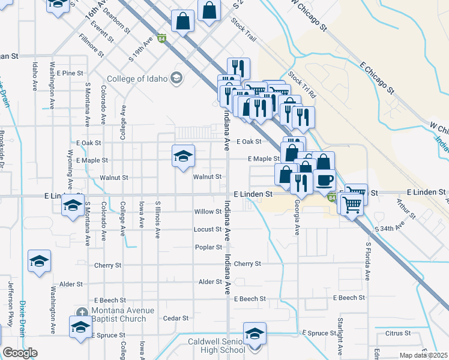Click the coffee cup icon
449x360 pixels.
324,179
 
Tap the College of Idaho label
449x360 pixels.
139,79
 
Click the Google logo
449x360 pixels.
20,353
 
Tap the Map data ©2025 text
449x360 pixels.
423,355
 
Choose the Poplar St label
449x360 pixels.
208,247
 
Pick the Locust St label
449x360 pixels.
208,229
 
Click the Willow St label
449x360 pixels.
208,212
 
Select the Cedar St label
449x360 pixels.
176,318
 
